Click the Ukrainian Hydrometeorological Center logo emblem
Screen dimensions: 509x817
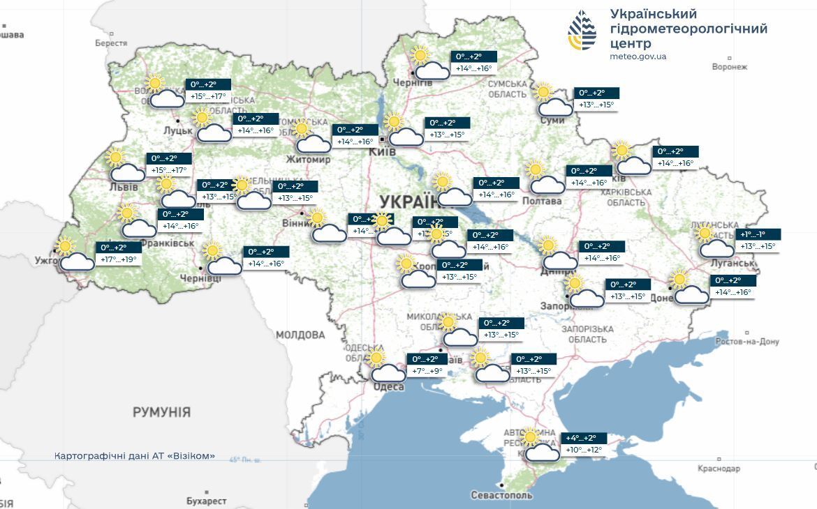click(x=582, y=31)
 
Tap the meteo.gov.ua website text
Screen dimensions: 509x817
click(x=638, y=56)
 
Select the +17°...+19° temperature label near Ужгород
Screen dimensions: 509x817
click(x=119, y=260)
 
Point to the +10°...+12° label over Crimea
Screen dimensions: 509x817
click(x=584, y=450)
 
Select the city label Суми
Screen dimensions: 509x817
click(x=552, y=121)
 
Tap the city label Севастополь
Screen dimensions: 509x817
click(x=502, y=495)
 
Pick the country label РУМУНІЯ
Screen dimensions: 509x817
click(x=161, y=412)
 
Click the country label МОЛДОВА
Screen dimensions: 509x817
click(x=300, y=335)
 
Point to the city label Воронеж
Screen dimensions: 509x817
click(x=729, y=67)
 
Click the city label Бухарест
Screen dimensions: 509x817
click(x=207, y=501)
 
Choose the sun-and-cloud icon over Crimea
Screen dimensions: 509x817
click(x=539, y=446)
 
